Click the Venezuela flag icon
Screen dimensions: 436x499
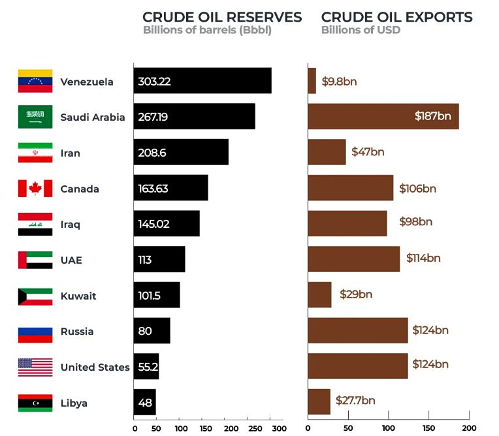(x=35, y=81)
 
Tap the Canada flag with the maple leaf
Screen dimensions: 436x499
(x=35, y=189)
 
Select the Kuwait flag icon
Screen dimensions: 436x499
(x=35, y=296)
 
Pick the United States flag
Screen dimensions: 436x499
(x=35, y=367)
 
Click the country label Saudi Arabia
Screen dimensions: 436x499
(x=92, y=117)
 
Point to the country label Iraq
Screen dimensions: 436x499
(x=70, y=225)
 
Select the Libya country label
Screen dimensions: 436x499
(x=73, y=403)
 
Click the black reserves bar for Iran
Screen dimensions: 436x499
(x=181, y=153)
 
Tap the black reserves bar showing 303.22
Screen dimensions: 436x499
(x=202, y=81)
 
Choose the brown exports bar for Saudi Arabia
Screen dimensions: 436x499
(x=383, y=117)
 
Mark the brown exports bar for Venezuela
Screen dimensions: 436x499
(x=312, y=81)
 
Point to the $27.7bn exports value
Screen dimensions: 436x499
(x=355, y=400)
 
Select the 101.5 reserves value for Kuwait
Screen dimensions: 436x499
(x=150, y=296)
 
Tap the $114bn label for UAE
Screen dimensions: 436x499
(x=423, y=258)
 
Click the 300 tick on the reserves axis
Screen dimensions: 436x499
(x=278, y=429)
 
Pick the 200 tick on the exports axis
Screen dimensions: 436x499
(x=468, y=429)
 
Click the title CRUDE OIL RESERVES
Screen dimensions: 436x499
(x=222, y=17)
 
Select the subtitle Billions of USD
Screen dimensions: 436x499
(x=361, y=30)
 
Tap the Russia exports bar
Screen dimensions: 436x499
(x=357, y=331)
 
